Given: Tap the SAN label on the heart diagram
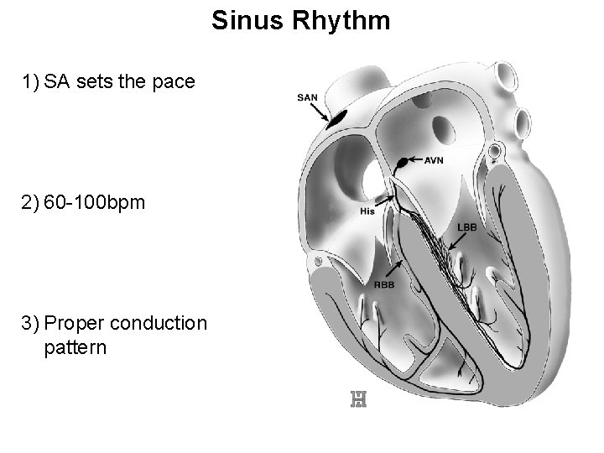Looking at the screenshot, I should [x=308, y=97].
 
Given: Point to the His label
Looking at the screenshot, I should [x=367, y=211].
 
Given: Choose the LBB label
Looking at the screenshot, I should [x=467, y=227].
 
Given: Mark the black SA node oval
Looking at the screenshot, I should [x=336, y=118].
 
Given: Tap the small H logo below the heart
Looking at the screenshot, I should [x=358, y=400].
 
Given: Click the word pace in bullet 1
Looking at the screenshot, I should [x=175, y=82].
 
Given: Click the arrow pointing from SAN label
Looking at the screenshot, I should [x=323, y=111].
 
